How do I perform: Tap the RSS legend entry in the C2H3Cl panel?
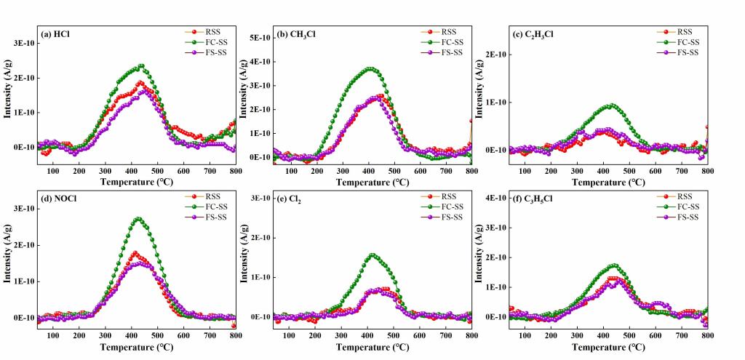pyautogui.click(x=685, y=32)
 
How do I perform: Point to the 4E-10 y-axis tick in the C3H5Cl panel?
pyautogui.click(x=493, y=198)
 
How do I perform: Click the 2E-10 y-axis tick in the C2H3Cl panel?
pyautogui.click(x=493, y=55)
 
